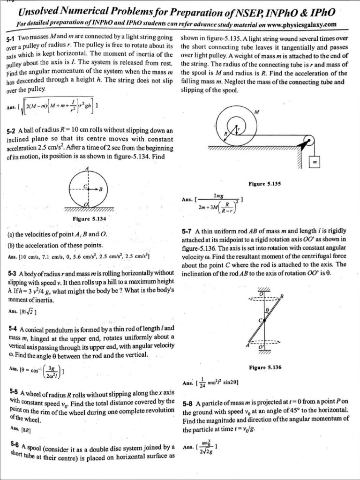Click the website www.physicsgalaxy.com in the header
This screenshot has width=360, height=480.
[x=298, y=24]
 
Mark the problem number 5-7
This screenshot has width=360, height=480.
[x=187, y=231]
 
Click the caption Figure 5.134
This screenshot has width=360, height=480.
[x=90, y=218]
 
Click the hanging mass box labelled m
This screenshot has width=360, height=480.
[x=315, y=162]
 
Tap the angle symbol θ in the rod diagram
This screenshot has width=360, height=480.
[x=267, y=310]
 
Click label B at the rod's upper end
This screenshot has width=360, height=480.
[x=282, y=296]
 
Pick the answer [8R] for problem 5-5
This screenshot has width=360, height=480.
[x=18, y=428]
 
